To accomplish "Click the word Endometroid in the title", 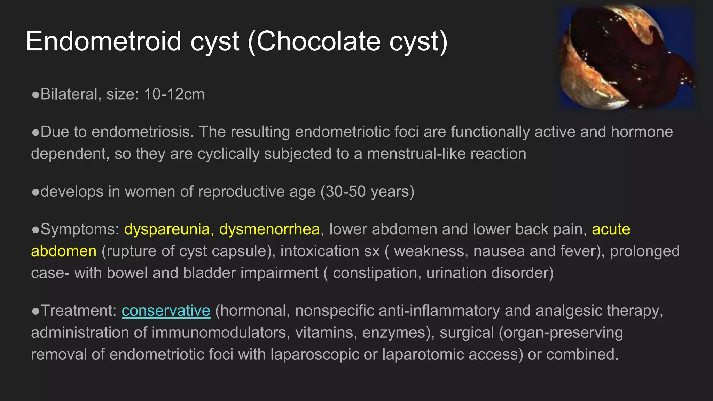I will (103, 41).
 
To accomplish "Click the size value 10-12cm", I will (174, 94).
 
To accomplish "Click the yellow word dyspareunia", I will (169, 229).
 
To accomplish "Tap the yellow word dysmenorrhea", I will (269, 229).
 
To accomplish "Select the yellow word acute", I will (611, 229).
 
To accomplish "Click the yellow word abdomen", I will (64, 251).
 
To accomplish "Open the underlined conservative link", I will (166, 310).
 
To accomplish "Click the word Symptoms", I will (80, 229).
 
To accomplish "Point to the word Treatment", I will (78, 310).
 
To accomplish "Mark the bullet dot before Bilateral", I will (35, 95).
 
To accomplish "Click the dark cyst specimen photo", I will (627, 57).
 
